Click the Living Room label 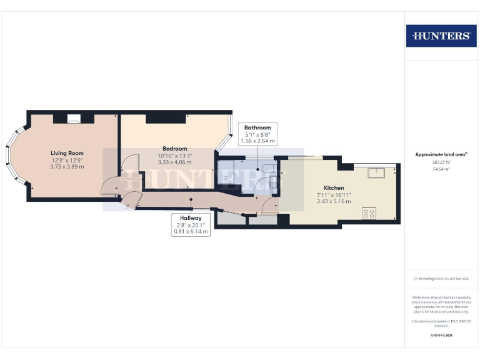pos(67,152)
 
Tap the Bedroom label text pos(174,148)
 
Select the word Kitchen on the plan pos(334,187)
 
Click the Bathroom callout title pos(257,127)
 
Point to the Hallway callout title pos(191,218)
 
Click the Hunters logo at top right pos(441,36)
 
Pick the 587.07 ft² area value pos(441,161)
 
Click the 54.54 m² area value pos(441,169)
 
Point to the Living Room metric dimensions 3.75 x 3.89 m pos(67,167)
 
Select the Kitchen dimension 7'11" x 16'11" pos(334,195)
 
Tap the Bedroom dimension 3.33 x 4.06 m pos(174,162)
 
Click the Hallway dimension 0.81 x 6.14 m pos(191,232)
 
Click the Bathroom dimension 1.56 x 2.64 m pos(257,141)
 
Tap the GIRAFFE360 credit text pos(441,336)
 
